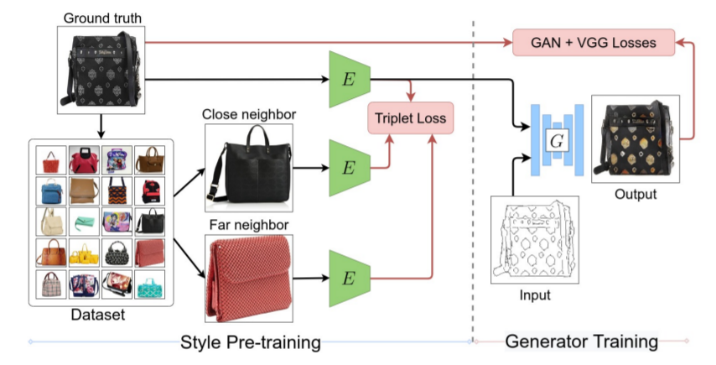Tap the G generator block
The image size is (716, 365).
click(x=553, y=140)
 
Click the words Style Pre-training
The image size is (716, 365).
click(x=251, y=342)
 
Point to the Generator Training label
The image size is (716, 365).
click(x=581, y=342)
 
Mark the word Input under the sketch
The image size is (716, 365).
click(x=535, y=295)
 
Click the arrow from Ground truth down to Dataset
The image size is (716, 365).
click(x=101, y=126)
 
